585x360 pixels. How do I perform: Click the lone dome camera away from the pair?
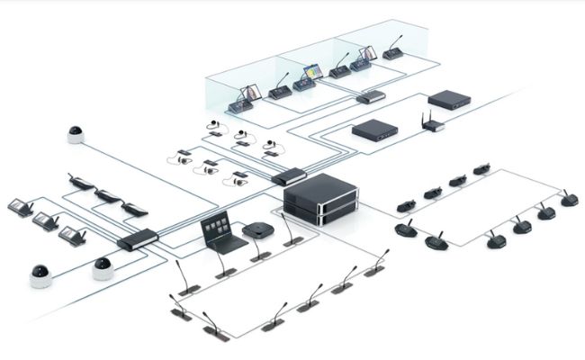(75, 134)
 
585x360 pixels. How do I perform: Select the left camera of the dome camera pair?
(41, 275)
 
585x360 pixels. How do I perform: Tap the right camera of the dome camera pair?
(103, 266)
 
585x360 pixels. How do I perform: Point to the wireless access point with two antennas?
(434, 124)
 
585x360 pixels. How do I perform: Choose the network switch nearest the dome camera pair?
(138, 239)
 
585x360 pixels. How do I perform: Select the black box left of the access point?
(374, 130)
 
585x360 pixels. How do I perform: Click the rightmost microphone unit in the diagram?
(568, 198)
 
